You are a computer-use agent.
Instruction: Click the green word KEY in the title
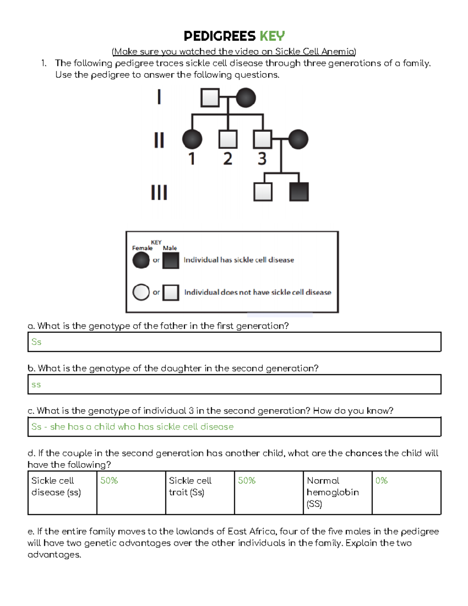(272, 36)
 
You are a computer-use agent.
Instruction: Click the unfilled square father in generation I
(210, 98)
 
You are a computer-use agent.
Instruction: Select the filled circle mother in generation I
(246, 98)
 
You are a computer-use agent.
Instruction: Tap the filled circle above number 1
(192, 139)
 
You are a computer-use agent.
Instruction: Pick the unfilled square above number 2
(228, 139)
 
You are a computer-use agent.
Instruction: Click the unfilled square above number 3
(262, 139)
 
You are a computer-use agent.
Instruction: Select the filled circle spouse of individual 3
(298, 139)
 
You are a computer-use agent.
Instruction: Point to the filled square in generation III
(299, 192)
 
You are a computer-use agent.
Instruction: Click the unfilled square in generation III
(263, 192)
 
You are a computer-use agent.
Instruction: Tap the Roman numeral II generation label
(159, 140)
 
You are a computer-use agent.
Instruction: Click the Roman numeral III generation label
(159, 192)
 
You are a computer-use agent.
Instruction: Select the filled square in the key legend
(170, 260)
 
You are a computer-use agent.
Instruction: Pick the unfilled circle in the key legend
(141, 292)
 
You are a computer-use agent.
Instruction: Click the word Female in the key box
(142, 248)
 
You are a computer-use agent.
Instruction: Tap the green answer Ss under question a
(36, 342)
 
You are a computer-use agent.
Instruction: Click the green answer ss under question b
(36, 385)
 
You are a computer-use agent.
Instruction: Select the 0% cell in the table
(381, 481)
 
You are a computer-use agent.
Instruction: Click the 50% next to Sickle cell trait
(246, 481)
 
